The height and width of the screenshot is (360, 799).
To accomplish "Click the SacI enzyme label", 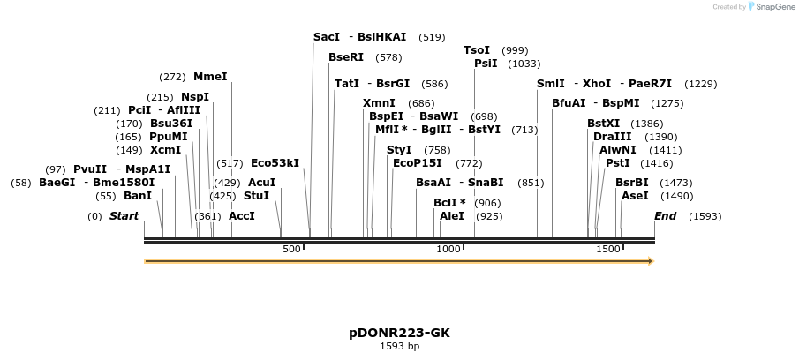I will click(327, 37).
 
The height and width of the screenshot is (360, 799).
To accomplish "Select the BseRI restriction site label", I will click(346, 57).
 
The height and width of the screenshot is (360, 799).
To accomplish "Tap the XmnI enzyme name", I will click(379, 103).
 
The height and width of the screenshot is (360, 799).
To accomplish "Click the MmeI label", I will click(210, 77).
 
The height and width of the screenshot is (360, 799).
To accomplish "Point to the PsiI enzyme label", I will click(486, 64).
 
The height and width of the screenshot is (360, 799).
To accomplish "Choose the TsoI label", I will click(477, 50).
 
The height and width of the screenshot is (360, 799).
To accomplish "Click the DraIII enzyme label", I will click(612, 137).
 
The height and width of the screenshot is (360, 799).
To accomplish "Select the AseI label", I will click(634, 195).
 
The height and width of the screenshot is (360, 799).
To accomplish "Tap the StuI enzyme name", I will click(256, 195).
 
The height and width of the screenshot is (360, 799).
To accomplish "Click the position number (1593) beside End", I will click(705, 216).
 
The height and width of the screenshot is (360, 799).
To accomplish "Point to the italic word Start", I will click(124, 216).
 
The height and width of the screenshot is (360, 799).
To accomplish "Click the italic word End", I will click(665, 216).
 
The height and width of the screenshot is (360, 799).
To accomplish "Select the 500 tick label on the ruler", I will click(292, 250).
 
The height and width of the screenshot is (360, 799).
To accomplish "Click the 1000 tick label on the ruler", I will click(449, 250).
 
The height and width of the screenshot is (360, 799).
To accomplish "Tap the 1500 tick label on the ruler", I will click(607, 250).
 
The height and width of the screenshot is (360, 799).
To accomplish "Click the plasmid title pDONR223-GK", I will click(399, 333).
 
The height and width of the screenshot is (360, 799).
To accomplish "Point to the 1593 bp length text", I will click(399, 346).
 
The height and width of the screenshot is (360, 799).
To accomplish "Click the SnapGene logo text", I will click(773, 7).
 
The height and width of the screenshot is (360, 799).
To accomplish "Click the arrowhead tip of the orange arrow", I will click(652, 261).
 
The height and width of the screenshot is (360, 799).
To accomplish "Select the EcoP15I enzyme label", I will click(417, 163).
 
